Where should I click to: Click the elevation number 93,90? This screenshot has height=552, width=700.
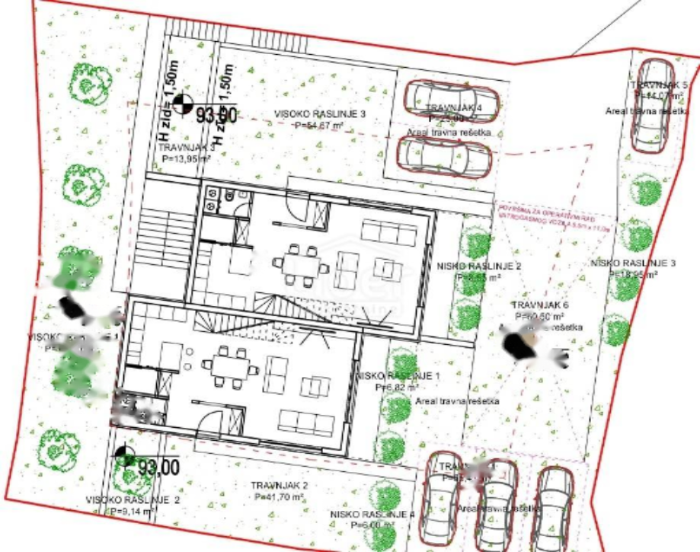(x=216, y=116)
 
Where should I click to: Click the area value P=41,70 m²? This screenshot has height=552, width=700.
(x=279, y=496)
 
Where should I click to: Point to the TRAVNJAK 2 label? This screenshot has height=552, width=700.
(x=279, y=485)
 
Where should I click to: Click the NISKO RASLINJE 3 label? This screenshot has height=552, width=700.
(x=633, y=263)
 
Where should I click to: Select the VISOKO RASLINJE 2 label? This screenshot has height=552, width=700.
(x=133, y=500)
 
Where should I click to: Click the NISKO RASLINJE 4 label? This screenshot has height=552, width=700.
(x=372, y=514)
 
